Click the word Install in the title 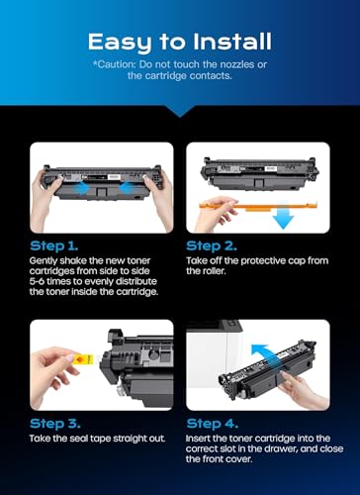tap(232, 42)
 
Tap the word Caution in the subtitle tap(117, 64)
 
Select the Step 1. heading tap(54, 246)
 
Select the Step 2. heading tap(212, 246)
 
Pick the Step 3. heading tap(55, 424)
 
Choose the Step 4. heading tap(212, 424)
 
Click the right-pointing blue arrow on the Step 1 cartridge tap(81, 188)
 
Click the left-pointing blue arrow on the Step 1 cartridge tap(128, 188)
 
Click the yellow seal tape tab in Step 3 tap(83, 359)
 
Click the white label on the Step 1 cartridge tap(114, 177)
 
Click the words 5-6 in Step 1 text tap(37, 281)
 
